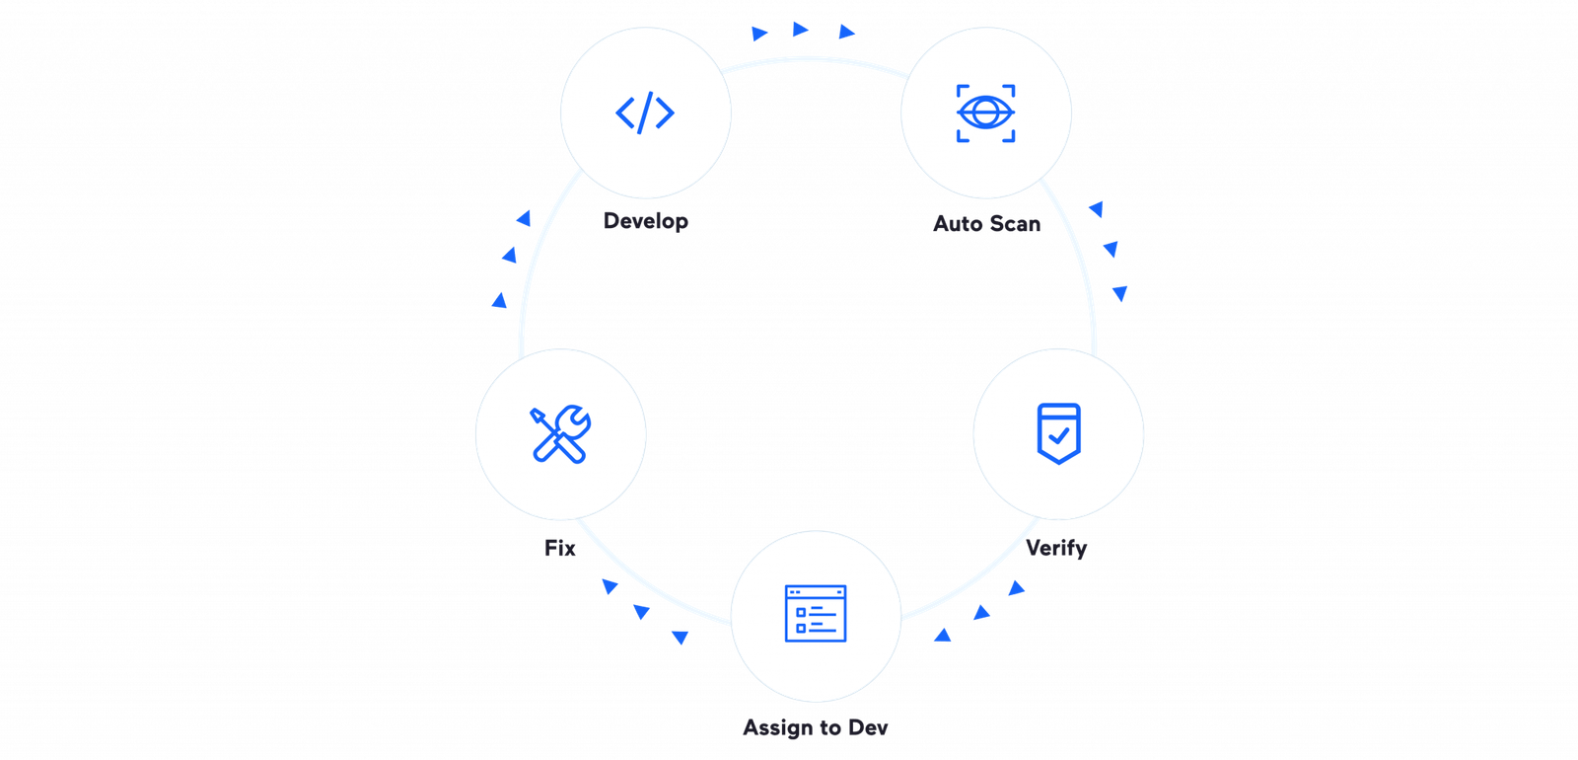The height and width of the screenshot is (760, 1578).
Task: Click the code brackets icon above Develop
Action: (x=645, y=113)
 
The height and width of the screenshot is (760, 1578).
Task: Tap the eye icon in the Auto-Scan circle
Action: (x=985, y=113)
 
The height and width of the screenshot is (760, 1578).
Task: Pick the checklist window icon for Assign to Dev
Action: (x=816, y=613)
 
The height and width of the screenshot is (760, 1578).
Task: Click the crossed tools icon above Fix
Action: (x=560, y=434)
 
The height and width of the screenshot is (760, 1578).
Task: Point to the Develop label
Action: (x=646, y=221)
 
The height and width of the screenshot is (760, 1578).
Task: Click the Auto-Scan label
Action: (x=986, y=223)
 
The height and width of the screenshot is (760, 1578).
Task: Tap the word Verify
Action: (x=1056, y=548)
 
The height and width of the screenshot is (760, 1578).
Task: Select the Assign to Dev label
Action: (x=816, y=728)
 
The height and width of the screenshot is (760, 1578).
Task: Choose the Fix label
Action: (x=560, y=547)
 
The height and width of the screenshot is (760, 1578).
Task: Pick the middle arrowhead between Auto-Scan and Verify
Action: (x=1112, y=250)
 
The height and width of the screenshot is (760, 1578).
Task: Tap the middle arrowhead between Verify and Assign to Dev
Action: (x=981, y=613)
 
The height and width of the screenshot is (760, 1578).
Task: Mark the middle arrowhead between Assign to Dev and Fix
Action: (x=642, y=612)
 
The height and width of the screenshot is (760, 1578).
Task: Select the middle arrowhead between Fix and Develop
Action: (x=509, y=256)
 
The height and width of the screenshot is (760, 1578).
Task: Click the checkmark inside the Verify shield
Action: (x=1059, y=433)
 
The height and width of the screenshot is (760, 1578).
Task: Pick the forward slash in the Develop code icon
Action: (x=645, y=113)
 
